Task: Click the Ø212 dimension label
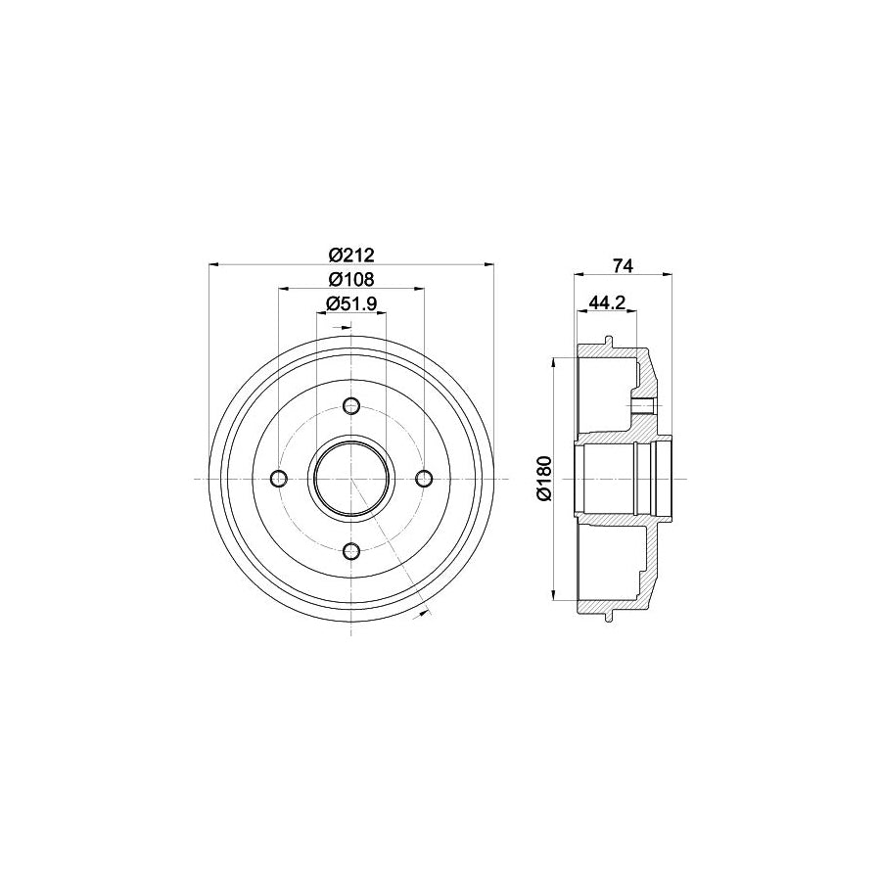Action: pyautogui.click(x=351, y=255)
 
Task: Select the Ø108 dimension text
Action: pyautogui.click(x=351, y=279)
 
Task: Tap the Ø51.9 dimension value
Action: pyautogui.click(x=351, y=303)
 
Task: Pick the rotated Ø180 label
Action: pyautogui.click(x=545, y=479)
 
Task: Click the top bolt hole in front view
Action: pyautogui.click(x=352, y=405)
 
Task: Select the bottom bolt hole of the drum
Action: pyautogui.click(x=352, y=552)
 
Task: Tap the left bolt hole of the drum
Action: pyautogui.click(x=279, y=479)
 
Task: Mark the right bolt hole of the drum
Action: pyautogui.click(x=425, y=479)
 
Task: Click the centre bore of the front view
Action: pyautogui.click(x=352, y=479)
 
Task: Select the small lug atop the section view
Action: pyautogui.click(x=610, y=342)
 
